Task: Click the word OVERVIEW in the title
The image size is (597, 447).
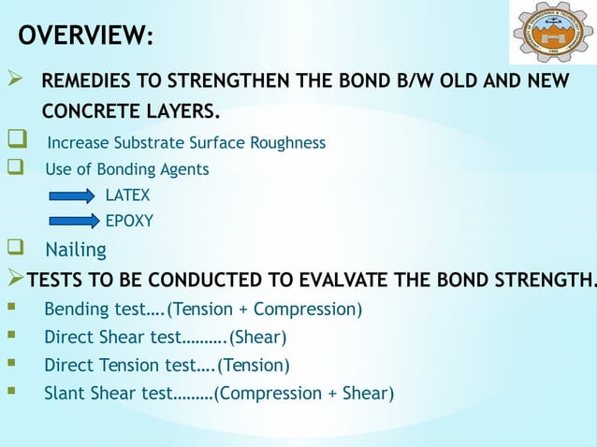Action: click(x=82, y=36)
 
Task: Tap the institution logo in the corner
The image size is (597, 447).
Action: click(x=552, y=33)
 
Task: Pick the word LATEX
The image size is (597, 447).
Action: click(x=126, y=196)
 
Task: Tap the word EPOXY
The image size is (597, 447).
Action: click(x=128, y=222)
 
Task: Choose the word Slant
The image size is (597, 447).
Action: click(x=66, y=393)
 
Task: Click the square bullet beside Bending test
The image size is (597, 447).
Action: click(x=10, y=308)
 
